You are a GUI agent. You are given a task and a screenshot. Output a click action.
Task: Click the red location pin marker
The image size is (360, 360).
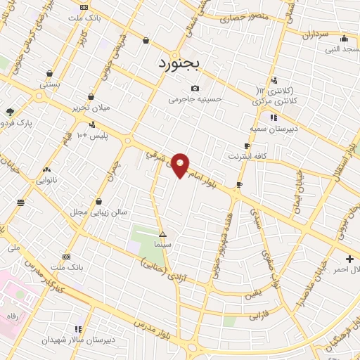point(181,164)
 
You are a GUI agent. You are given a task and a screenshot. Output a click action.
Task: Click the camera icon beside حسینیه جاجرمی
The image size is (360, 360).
point(195,88)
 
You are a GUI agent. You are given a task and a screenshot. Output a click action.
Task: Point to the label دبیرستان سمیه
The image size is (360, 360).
point(262,129)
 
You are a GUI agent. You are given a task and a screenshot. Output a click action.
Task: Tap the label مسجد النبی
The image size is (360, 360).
point(340,49)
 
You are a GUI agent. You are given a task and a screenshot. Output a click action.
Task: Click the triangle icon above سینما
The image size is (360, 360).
point(163,233)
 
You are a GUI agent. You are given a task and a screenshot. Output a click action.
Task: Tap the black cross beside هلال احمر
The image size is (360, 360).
point(349,259)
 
